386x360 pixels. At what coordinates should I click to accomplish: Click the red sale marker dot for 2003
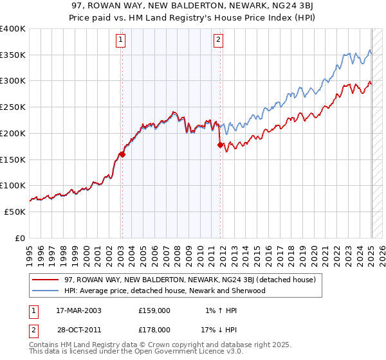[x=122, y=154]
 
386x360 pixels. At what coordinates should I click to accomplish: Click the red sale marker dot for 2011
[x=220, y=145]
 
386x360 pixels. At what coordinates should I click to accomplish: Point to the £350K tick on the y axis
[x=14, y=55]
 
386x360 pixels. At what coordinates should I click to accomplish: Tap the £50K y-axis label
[x=15, y=212]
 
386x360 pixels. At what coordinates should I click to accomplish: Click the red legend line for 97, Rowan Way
[x=45, y=280]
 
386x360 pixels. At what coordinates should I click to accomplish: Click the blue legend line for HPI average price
[x=45, y=291]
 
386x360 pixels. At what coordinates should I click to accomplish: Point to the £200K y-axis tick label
[x=14, y=134]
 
